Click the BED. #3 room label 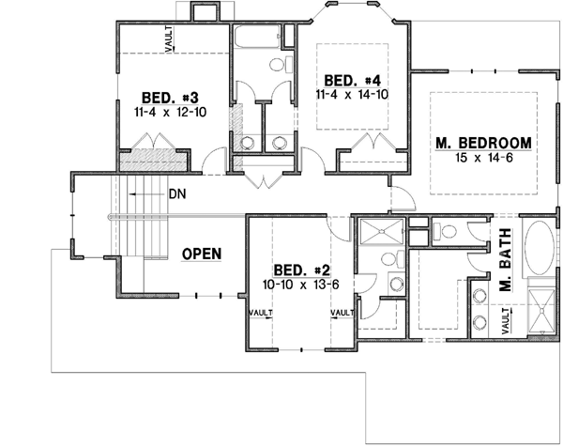tap(170, 97)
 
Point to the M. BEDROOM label tap(484, 143)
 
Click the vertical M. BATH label tap(504, 270)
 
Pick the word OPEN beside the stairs tap(201, 254)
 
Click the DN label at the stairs tap(178, 195)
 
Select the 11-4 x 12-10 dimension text tap(170, 112)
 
